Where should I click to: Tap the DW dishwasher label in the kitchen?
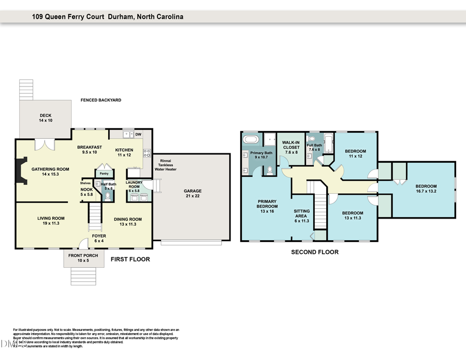[x=138, y=135]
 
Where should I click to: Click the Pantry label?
[x=104, y=174]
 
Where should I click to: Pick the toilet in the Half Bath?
[x=108, y=197]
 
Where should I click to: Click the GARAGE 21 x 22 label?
[x=192, y=194]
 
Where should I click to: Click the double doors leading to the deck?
[x=42, y=145]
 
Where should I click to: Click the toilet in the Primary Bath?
[x=269, y=170]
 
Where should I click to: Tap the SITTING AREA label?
[x=301, y=216]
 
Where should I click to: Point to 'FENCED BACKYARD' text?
[x=100, y=100]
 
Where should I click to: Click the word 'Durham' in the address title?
[x=122, y=17]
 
